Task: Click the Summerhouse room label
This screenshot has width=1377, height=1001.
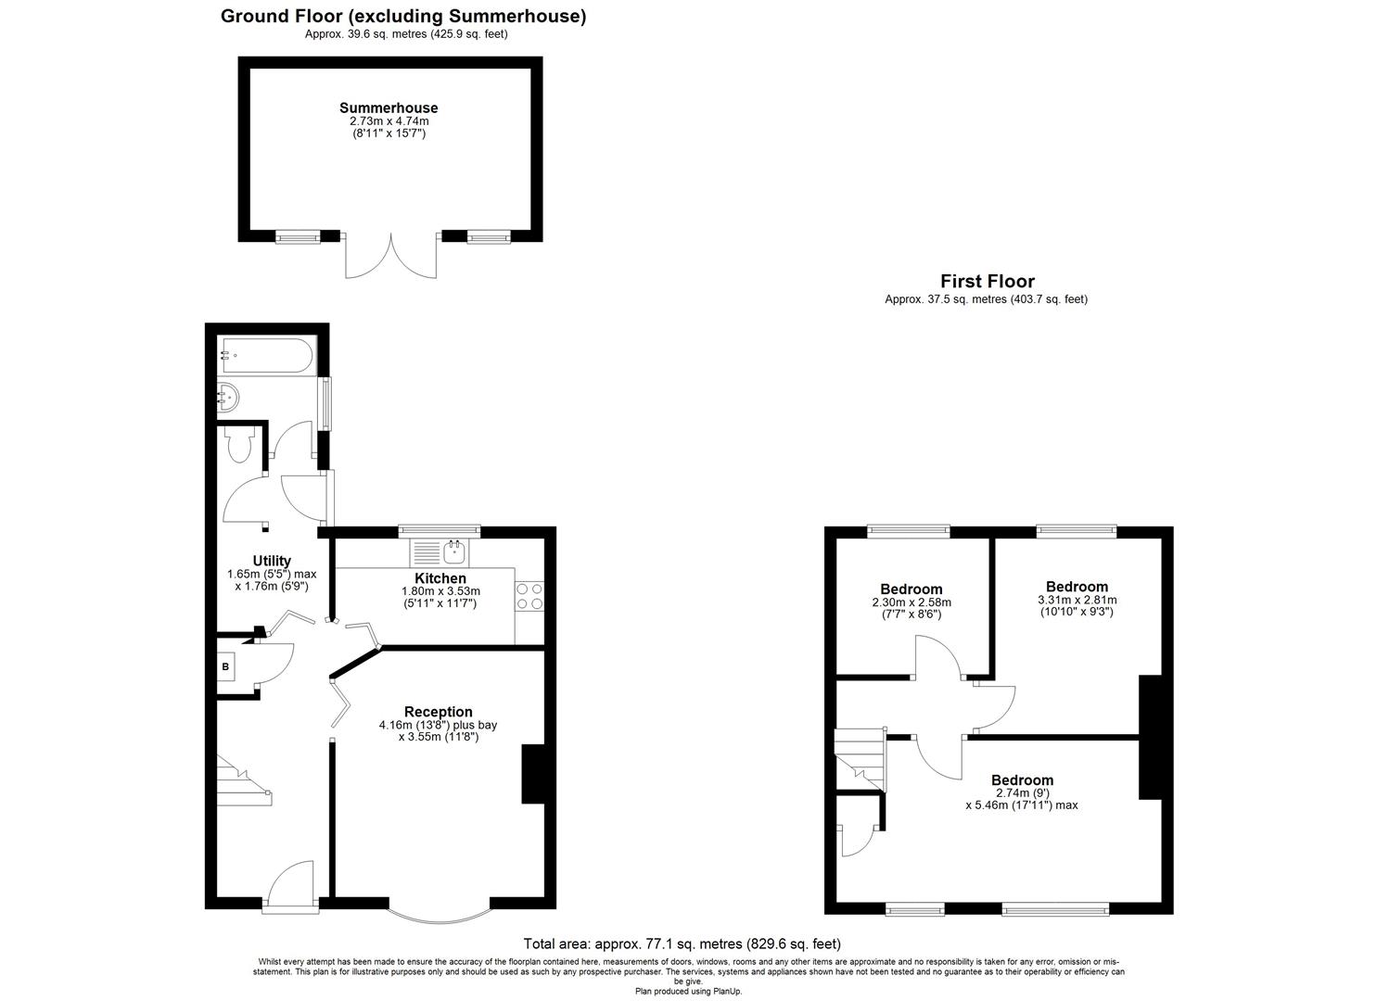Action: point(388,108)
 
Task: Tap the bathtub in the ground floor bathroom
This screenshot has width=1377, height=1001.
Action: point(267,355)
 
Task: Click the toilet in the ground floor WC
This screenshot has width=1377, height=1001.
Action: point(238,446)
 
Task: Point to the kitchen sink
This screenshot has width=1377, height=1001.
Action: point(453,553)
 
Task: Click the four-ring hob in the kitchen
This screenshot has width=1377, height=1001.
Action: point(529,596)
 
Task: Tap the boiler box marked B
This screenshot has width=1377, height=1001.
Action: point(226,666)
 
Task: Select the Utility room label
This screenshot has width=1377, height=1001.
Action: point(272,561)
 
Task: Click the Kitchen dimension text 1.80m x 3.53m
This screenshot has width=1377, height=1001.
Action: point(440,591)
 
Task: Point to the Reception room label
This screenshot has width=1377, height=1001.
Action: point(438,712)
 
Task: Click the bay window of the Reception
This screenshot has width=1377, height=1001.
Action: point(438,912)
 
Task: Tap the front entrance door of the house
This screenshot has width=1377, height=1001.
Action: point(291,888)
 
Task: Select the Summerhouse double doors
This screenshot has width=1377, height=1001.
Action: point(390,255)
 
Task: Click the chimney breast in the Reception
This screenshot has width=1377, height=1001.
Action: point(534,774)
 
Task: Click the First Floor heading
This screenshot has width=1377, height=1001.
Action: point(987,281)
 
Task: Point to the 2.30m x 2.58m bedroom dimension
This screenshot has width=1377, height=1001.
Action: point(911,602)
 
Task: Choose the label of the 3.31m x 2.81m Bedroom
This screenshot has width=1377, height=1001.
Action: point(1077,587)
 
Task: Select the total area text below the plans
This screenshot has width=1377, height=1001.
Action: point(682,944)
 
